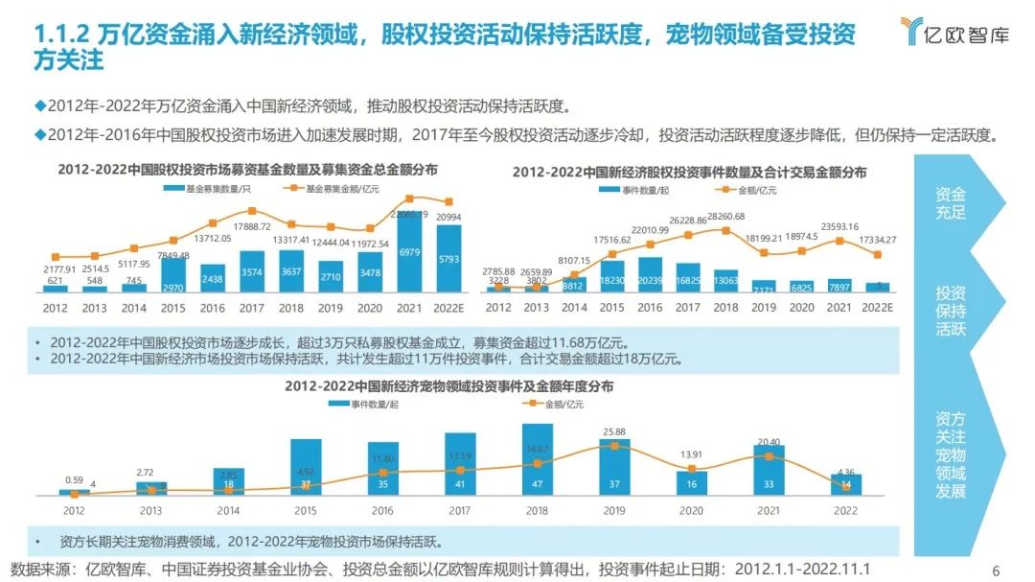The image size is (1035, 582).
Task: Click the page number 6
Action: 996,570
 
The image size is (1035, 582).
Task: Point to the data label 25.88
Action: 614,432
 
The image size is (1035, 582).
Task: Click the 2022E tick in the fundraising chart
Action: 448,308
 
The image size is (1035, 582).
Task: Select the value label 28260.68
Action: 726,217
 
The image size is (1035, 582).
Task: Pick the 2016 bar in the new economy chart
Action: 649,273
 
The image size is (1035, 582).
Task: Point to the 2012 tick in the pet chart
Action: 74,511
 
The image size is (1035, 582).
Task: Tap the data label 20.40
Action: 769,441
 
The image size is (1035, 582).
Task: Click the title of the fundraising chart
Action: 247,170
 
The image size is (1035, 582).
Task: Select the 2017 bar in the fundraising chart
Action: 252,271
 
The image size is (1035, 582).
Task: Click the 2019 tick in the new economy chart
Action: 764,308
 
